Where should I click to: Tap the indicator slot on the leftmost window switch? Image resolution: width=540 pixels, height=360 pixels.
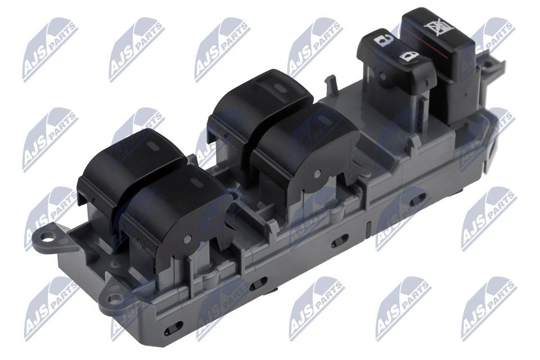(153, 145)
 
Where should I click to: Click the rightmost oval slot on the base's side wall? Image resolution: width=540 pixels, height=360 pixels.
(417, 201)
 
